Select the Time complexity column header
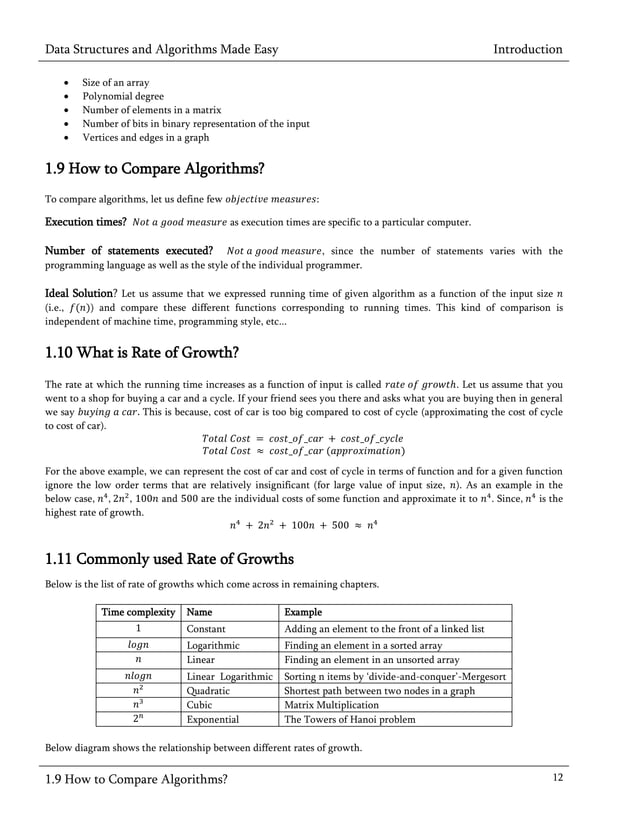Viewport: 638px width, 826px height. [x=138, y=612]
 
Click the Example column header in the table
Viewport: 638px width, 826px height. [x=304, y=612]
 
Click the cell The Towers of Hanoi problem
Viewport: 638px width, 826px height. [x=351, y=719]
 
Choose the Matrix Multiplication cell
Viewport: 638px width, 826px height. [x=333, y=704]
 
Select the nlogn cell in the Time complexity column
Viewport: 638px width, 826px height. [x=138, y=676]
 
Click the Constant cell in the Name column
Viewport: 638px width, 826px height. [x=206, y=629]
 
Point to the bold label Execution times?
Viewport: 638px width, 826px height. [x=85, y=221]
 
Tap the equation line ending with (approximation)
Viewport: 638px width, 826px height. [x=302, y=451]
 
